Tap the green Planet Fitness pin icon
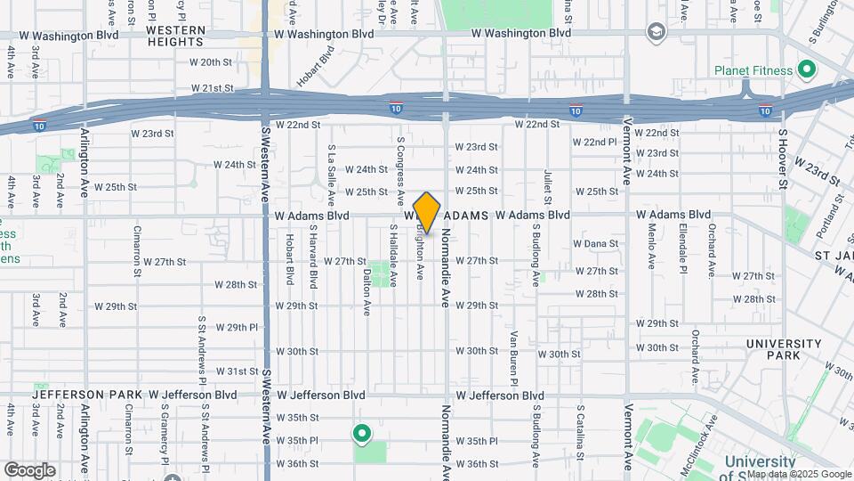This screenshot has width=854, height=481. pyautogui.click(x=807, y=68)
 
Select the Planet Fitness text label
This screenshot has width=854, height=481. pyautogui.click(x=754, y=69)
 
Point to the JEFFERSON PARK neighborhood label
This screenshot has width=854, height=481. pyautogui.click(x=88, y=394)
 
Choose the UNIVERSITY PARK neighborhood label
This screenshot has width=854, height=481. pyautogui.click(x=784, y=349)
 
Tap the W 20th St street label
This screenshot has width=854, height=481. pyautogui.click(x=211, y=62)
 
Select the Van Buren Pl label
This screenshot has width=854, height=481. pyautogui.click(x=514, y=357)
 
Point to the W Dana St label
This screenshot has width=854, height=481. pyautogui.click(x=595, y=243)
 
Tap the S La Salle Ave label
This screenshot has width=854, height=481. pyautogui.click(x=331, y=175)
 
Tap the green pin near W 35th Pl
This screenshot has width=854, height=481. pyautogui.click(x=362, y=434)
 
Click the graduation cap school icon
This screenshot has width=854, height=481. pyautogui.click(x=657, y=33)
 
